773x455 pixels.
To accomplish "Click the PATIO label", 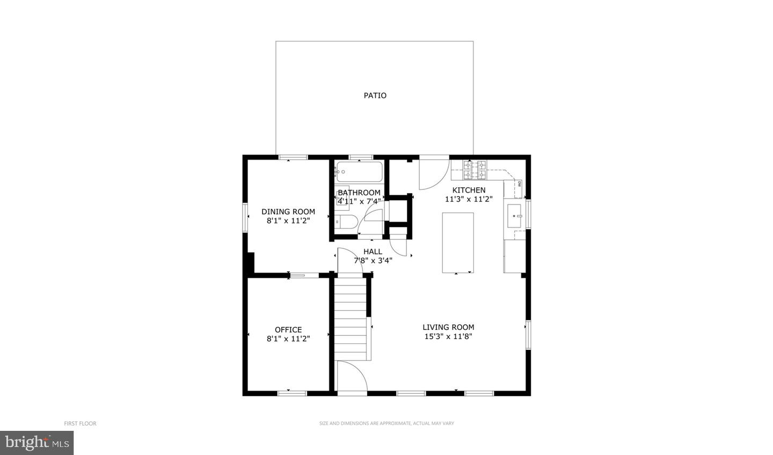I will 375,96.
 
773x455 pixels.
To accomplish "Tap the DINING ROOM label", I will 288,211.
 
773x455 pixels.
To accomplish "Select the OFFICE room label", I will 288,329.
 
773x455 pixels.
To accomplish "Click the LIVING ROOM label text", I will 448,327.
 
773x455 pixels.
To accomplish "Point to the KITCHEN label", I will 469,190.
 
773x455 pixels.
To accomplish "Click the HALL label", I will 373,251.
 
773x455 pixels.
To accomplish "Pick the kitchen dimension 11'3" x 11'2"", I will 469,199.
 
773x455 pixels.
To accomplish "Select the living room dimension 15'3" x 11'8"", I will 448,336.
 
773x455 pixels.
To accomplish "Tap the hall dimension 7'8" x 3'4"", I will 373,260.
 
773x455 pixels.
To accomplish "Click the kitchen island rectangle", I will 458,243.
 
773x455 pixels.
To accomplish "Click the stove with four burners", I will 475,170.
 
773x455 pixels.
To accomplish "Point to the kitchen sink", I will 515,215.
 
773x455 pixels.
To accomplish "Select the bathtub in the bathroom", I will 359,172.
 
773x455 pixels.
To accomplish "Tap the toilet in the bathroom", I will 346,222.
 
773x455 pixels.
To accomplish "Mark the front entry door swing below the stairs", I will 352,378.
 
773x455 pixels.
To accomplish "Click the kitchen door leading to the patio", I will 433,173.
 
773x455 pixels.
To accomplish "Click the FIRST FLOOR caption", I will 80,423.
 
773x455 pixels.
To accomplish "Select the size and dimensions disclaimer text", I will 386,423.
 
